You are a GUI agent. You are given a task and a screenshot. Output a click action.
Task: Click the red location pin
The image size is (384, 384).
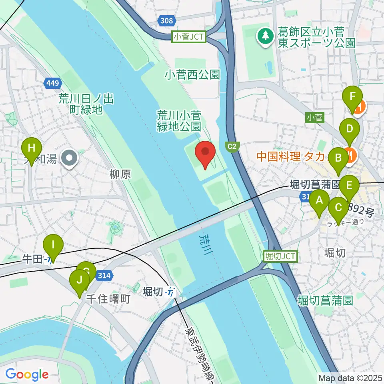tap(205, 154)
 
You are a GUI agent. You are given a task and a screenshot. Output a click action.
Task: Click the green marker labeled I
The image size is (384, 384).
tap(53, 247)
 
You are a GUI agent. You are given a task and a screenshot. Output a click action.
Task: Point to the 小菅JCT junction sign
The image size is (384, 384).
tap(189, 37)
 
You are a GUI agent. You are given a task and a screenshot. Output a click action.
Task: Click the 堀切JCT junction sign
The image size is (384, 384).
tap(280, 256)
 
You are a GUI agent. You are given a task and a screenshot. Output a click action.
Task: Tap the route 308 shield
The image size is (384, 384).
tap(166, 20)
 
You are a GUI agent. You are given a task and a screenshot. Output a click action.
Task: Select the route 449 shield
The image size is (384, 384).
tap(53, 83)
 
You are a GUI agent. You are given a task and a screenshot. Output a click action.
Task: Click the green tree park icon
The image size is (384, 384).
tap(264, 37)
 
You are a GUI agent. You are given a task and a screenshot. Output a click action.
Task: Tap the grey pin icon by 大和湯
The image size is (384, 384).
tap(70, 159)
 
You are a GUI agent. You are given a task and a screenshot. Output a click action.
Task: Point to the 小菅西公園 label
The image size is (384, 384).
tap(192, 74)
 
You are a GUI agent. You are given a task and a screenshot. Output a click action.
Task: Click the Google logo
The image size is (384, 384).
tap(27, 375)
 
